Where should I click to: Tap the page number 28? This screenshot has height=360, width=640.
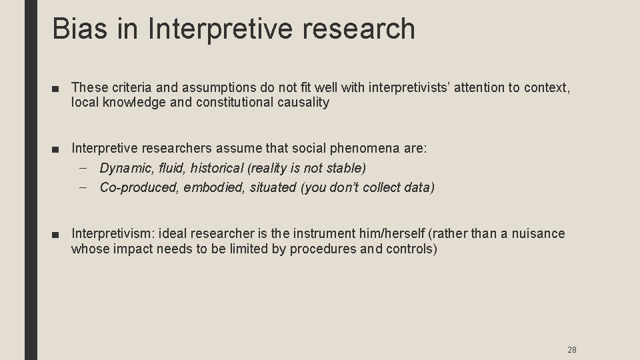pos(571,349)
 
